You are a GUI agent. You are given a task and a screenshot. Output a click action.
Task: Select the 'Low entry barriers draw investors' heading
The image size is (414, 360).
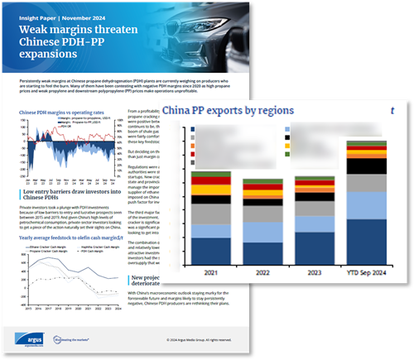pyautogui.click(x=75, y=195)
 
